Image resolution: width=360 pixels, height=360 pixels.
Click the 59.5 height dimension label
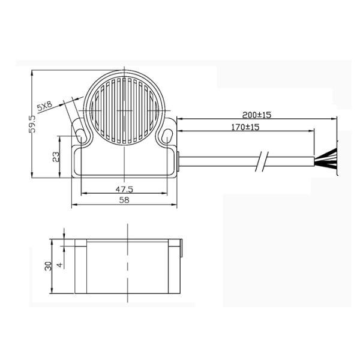tap(32, 124)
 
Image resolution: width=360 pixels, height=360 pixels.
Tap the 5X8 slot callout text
tap(44, 106)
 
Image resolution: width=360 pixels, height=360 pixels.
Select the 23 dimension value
tap(56, 157)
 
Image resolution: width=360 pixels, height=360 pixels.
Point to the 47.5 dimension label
tap(124, 190)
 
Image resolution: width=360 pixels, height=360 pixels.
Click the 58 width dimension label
tap(124, 200)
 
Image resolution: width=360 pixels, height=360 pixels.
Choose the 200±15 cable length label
tap(257, 115)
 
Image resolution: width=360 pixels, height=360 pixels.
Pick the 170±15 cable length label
tap(245, 127)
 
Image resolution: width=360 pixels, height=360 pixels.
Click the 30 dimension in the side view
tap(49, 266)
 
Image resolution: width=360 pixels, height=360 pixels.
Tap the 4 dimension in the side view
tap(59, 265)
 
